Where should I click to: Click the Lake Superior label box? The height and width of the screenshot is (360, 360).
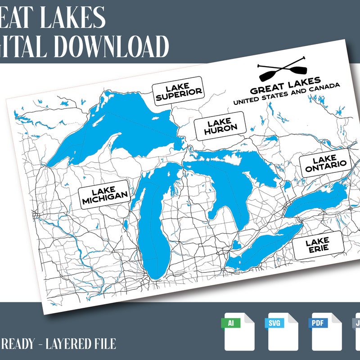(177, 91)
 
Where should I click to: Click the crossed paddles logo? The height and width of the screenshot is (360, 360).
(282, 70)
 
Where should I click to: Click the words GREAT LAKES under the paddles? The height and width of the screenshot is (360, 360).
(285, 86)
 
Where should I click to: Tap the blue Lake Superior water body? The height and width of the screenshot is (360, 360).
(121, 130)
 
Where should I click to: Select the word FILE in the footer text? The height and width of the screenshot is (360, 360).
(104, 344)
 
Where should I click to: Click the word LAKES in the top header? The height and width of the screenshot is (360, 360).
(67, 17)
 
